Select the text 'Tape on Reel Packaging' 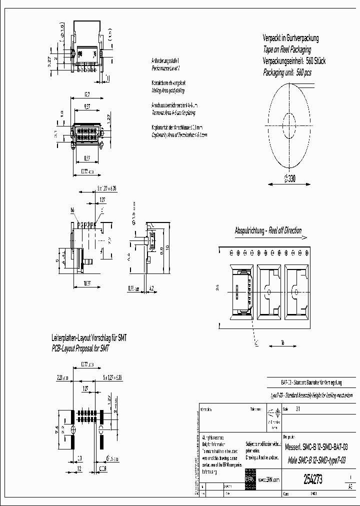(x=287, y=49)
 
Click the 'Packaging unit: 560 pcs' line (x=287, y=72)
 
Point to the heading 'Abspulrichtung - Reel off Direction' (x=268, y=230)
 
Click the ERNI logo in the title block (x=250, y=478)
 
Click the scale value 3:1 (x=298, y=409)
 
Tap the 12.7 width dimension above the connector (x=87, y=94)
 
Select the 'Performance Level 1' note (x=165, y=67)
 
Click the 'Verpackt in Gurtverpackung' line (x=290, y=38)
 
